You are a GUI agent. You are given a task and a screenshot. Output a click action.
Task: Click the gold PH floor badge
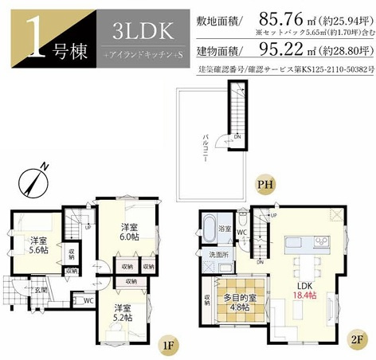(264, 186)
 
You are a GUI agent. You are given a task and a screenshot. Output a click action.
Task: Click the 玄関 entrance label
(39, 289)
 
